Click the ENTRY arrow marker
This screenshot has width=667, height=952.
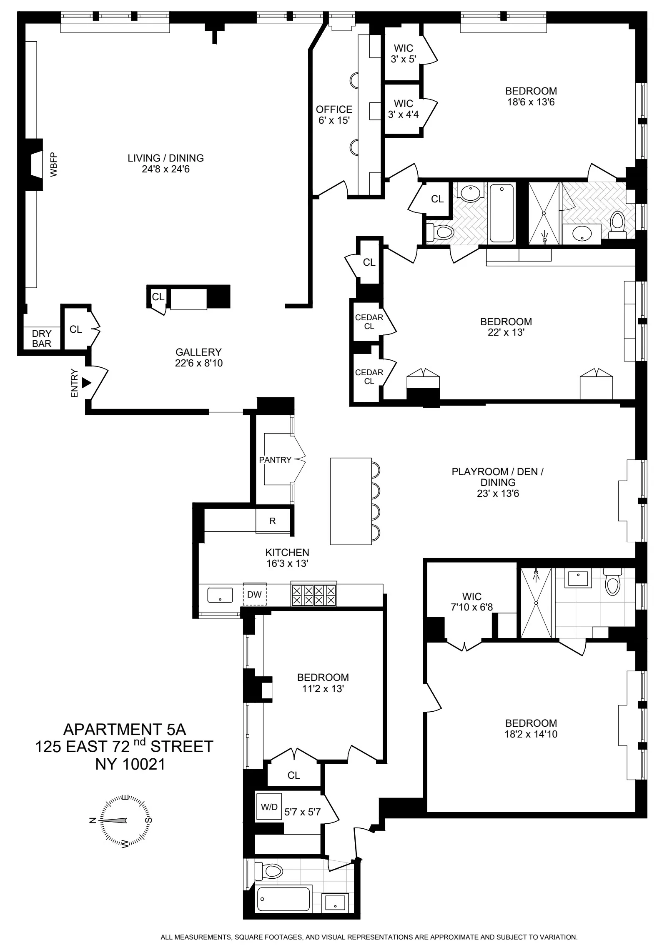tap(86, 383)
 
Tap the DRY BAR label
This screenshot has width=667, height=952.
tap(42, 339)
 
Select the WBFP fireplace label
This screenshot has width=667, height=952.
tap(53, 165)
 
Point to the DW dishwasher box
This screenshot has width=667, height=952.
tap(254, 594)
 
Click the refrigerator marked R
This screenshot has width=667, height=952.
tap(272, 521)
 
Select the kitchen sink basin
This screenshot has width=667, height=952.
tap(220, 595)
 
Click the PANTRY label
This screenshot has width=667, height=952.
tap(275, 460)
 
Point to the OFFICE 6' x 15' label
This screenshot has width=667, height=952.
tap(334, 115)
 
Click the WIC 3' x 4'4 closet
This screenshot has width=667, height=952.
tap(403, 109)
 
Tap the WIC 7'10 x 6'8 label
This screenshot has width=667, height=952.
tap(471, 602)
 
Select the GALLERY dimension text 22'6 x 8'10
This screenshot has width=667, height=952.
tap(198, 363)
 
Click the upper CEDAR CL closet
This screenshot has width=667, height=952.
tap(369, 321)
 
